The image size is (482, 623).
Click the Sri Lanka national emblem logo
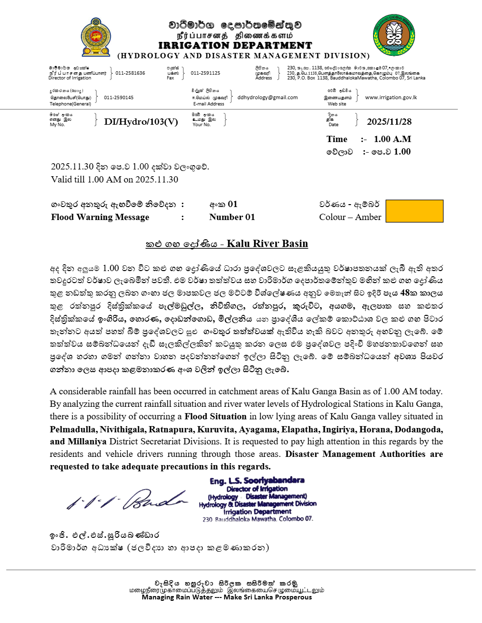[96, 38]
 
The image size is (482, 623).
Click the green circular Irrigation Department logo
[394, 35]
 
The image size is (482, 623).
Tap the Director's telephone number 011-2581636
[130, 73]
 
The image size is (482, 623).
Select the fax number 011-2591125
[205, 73]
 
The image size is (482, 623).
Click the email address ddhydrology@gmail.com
[268, 97]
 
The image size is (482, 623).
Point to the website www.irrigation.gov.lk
[391, 97]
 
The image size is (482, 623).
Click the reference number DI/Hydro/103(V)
[141, 122]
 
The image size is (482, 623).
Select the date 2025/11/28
[389, 122]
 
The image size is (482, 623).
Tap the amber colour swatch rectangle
[415, 211]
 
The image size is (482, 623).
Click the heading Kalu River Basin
[267, 244]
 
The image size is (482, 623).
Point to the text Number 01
[232, 217]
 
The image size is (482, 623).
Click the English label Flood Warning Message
[100, 217]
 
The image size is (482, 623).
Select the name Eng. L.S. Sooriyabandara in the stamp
[257, 480]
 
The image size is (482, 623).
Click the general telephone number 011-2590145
[119, 97]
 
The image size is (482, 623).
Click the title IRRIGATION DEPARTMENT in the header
[235, 46]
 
